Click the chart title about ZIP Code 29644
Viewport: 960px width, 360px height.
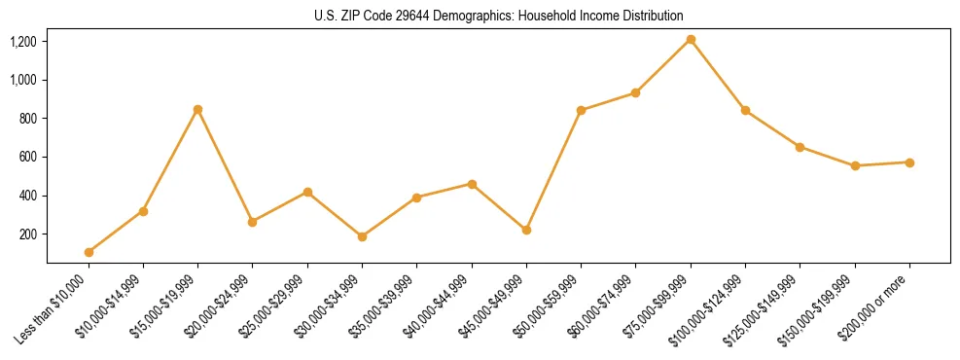(x=499, y=16)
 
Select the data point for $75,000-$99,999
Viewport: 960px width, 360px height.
(x=691, y=40)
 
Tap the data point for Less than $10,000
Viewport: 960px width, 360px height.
(x=89, y=252)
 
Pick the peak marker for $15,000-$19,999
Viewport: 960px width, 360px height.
(x=197, y=109)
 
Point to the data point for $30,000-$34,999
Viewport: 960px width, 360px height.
(x=362, y=236)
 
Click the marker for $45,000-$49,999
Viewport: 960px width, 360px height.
(x=526, y=231)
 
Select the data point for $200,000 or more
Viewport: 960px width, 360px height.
(x=909, y=162)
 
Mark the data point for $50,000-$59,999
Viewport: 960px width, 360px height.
(x=581, y=110)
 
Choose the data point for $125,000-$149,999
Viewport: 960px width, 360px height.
(x=800, y=147)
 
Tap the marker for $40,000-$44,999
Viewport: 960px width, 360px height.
(x=472, y=184)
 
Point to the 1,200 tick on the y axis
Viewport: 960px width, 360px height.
(x=22, y=42)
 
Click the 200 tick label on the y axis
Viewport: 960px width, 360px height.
(x=27, y=234)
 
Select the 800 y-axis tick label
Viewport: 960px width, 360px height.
(x=27, y=119)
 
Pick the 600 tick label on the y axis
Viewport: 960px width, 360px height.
(x=27, y=158)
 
